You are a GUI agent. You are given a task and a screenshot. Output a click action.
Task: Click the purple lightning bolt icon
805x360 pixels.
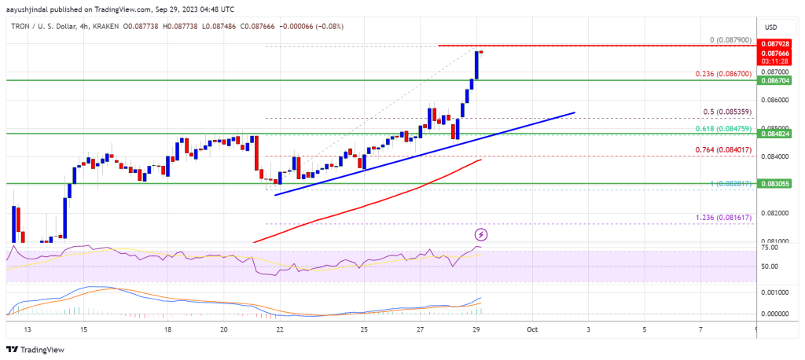click(480, 234)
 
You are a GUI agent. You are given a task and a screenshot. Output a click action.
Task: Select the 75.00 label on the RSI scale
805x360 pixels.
click(772, 248)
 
